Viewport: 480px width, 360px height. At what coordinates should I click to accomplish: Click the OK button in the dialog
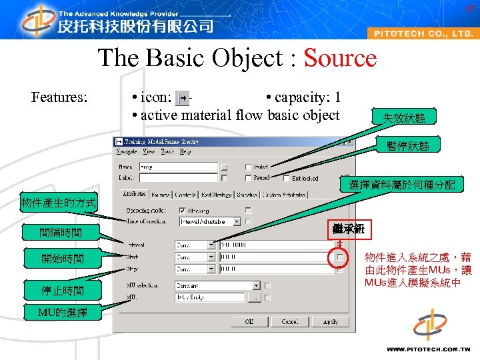coord(248,321)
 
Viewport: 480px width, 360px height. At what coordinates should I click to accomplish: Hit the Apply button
coord(331,321)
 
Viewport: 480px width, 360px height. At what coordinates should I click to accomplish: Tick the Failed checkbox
coord(248,167)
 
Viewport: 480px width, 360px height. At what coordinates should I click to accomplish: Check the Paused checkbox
coord(248,178)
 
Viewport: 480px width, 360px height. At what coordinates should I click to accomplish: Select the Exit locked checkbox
coord(286,178)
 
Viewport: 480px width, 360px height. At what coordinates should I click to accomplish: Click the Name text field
coord(177,167)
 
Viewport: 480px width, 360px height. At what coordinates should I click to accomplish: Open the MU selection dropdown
coord(256,285)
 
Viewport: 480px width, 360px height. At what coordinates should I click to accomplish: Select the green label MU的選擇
coord(61,312)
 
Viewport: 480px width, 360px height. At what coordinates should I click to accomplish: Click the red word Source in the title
coord(340,59)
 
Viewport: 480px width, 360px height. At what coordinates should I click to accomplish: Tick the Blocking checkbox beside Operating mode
coord(183,210)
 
